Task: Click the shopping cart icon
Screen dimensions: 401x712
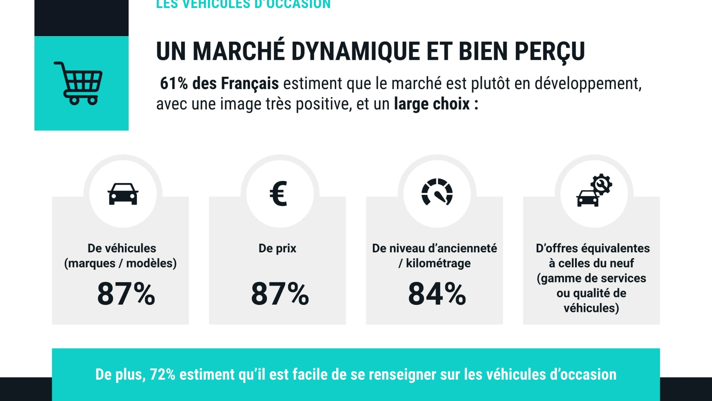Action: click(78, 84)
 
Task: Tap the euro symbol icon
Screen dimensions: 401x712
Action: click(278, 194)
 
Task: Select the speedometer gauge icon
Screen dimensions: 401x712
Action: click(437, 192)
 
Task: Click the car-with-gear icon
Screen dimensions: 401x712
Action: click(594, 191)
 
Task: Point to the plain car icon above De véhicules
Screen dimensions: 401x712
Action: click(123, 194)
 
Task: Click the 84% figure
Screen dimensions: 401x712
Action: click(437, 294)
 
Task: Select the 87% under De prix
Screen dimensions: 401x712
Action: click(280, 294)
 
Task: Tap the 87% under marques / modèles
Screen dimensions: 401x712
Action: click(126, 294)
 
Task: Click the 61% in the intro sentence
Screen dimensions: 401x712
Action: click(174, 84)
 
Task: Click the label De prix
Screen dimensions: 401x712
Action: click(277, 248)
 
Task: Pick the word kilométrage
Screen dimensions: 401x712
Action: click(438, 263)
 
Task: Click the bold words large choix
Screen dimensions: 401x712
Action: click(432, 104)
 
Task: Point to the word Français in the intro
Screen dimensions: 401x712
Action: click(250, 84)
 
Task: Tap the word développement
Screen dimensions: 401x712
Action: click(588, 84)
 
